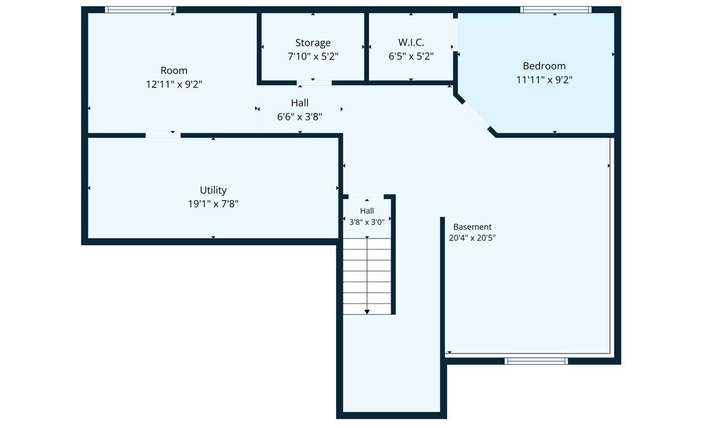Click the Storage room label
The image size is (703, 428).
(x=313, y=43)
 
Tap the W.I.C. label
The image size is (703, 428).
(x=411, y=42)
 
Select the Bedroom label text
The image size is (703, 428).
(x=544, y=66)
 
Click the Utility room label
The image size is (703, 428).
(x=213, y=190)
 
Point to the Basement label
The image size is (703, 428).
(x=472, y=227)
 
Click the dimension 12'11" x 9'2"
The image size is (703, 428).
(x=174, y=84)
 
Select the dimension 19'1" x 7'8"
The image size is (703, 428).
(x=213, y=204)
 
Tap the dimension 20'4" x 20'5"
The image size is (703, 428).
(x=472, y=238)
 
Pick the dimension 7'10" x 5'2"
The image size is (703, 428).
(x=313, y=56)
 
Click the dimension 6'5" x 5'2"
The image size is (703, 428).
(x=411, y=56)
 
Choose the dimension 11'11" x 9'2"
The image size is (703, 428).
(x=544, y=79)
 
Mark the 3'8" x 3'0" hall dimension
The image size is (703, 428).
(x=367, y=222)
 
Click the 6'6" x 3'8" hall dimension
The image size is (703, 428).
(x=299, y=117)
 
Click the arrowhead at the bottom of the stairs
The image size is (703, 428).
(x=367, y=312)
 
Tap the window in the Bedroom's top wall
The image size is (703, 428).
(x=555, y=9)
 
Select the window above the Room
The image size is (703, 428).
(x=140, y=9)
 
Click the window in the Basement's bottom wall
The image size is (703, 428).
(x=536, y=361)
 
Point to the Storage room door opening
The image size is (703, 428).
(x=314, y=83)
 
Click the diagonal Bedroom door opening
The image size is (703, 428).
(x=476, y=115)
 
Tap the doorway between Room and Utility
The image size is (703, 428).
(x=163, y=135)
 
